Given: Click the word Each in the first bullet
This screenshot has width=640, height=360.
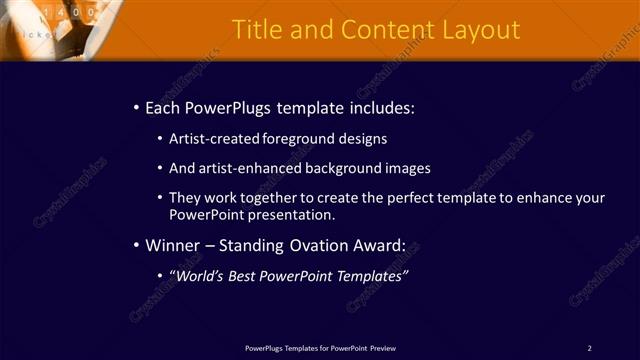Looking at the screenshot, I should (163, 107).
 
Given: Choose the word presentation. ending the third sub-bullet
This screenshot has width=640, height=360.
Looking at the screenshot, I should (289, 215).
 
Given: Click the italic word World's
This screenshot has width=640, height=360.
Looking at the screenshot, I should (195, 275).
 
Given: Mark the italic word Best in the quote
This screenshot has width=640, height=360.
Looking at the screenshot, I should (241, 275).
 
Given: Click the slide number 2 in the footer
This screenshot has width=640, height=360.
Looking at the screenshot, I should (589, 348).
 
